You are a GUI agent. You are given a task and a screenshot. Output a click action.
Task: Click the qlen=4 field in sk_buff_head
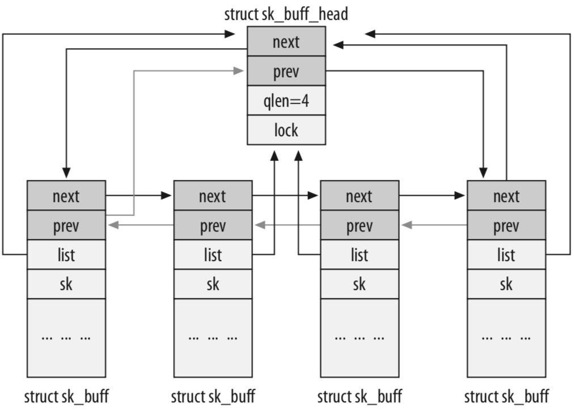pos(286,100)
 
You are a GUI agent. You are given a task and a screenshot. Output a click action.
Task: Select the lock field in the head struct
pos(286,130)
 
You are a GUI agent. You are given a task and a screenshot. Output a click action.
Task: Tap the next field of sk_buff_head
pos(286,41)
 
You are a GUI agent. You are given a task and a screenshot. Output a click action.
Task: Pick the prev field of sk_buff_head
pos(286,71)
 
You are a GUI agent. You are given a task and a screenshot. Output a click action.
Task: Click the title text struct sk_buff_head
pos(286,14)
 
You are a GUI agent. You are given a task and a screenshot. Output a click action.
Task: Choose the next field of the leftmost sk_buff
pos(66,196)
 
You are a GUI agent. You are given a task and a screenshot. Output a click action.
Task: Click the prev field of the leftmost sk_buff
pos(66,225)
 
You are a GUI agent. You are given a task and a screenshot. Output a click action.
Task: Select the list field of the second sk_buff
pos(213,255)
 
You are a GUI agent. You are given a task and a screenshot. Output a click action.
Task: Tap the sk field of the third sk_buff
pos(360,284)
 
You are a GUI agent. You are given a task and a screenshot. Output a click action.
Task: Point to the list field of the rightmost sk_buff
pos(506,255)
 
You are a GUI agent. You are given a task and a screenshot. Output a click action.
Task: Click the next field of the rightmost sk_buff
pos(506,196)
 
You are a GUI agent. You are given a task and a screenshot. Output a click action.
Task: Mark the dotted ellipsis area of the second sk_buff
pos(213,338)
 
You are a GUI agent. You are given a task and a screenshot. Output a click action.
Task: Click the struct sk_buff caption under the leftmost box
pos(66,396)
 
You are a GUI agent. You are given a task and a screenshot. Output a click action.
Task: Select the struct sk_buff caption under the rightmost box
pos(506,396)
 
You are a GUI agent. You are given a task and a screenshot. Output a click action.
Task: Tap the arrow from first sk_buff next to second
pos(140,196)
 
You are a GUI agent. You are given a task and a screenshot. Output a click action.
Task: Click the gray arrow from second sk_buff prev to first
pos(140,225)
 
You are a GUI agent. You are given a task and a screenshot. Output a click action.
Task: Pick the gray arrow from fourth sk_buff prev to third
pos(433,225)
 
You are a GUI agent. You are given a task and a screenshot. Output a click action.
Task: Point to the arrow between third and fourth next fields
pos(433,196)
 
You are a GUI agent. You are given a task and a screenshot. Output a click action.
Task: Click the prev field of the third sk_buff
pos(360,225)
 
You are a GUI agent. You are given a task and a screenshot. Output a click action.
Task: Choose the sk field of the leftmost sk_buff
pos(66,284)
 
